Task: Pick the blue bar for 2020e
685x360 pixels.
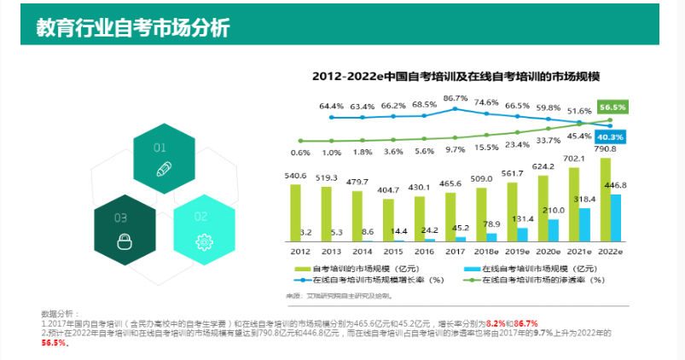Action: pos(554,230)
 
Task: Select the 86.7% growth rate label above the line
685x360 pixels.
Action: pos(456,98)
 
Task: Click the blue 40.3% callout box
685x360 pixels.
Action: pos(611,136)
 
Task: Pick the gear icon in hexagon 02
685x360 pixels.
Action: pos(203,241)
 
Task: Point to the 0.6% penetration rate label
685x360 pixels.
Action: pos(299,153)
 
